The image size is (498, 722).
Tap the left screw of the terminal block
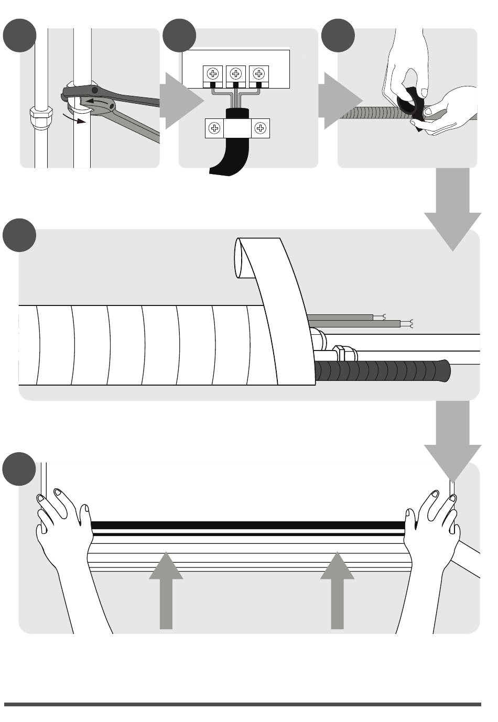pyautogui.click(x=212, y=74)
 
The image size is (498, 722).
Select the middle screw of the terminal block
pyautogui.click(x=235, y=74)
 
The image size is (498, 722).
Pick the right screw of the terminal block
pyautogui.click(x=258, y=74)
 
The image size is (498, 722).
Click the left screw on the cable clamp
pyautogui.click(x=214, y=128)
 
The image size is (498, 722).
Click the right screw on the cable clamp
pyautogui.click(x=261, y=128)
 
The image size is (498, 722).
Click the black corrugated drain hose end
pyautogui.click(x=443, y=370)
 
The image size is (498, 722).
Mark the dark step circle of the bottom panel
pyautogui.click(x=19, y=468)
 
